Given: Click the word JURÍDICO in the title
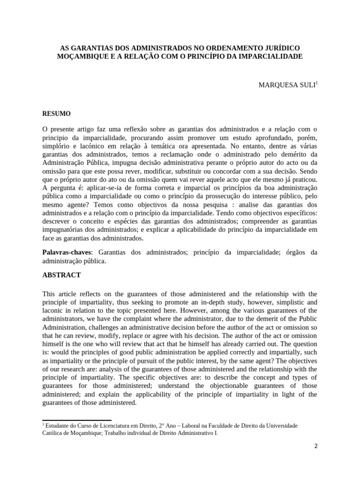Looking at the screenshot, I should (x=279, y=48).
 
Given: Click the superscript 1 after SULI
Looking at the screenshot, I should (x=316, y=83).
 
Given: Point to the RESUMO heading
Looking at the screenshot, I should (x=57, y=113).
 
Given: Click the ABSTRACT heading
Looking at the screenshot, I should (x=61, y=275).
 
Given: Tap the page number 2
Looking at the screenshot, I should (x=316, y=446).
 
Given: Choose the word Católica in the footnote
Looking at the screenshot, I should (x=54, y=434).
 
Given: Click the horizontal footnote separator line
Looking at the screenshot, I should (x=77, y=420).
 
